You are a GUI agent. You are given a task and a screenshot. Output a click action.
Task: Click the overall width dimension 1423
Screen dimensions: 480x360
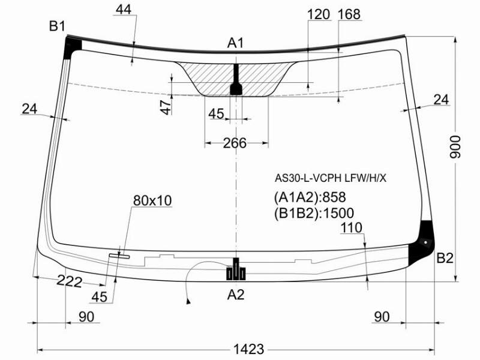pyautogui.click(x=248, y=349)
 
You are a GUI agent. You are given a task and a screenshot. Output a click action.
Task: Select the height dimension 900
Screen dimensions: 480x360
pyautogui.click(x=455, y=147)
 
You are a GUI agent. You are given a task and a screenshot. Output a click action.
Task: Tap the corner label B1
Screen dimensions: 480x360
pyautogui.click(x=57, y=26)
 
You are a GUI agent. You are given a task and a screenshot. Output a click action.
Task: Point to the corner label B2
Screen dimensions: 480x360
pyautogui.click(x=445, y=259)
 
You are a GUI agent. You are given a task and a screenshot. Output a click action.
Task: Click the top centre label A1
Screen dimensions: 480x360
pyautogui.click(x=235, y=43)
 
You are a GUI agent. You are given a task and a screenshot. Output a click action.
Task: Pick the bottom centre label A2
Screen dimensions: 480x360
pyautogui.click(x=236, y=295)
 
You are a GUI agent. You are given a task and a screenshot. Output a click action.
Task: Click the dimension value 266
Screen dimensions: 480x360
pyautogui.click(x=235, y=143)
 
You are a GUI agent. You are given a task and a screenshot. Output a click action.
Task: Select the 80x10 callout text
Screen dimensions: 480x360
pyautogui.click(x=152, y=200)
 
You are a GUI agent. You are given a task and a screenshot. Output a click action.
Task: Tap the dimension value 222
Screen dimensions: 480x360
pyautogui.click(x=70, y=281)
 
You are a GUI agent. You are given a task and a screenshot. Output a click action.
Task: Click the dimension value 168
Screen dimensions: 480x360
pyautogui.click(x=349, y=14)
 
